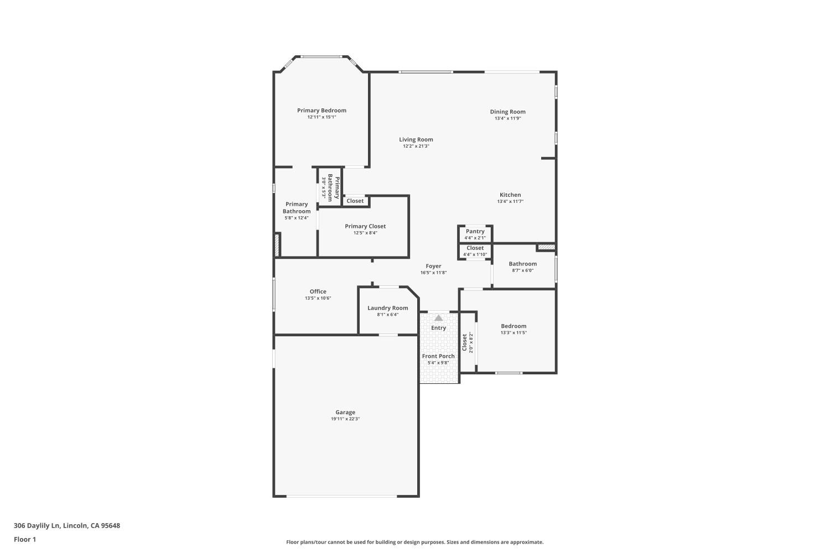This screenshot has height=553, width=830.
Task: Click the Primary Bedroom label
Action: tap(321, 111)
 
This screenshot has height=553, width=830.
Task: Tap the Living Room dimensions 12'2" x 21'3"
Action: tap(416, 147)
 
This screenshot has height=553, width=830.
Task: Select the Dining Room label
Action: tap(507, 112)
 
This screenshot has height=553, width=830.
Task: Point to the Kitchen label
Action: tap(510, 195)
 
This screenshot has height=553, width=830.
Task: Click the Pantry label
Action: tap(475, 231)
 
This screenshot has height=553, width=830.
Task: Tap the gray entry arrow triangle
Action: tap(439, 318)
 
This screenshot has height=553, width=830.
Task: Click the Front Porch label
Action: tap(438, 356)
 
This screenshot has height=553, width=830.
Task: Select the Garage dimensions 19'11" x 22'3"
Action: tap(345, 419)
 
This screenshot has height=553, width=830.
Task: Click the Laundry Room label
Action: tap(387, 308)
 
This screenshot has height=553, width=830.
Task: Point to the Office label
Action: tap(318, 291)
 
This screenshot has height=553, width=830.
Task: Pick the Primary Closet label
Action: tap(365, 226)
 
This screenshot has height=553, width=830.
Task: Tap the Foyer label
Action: tap(433, 266)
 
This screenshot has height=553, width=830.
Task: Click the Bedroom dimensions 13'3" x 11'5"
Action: tap(513, 333)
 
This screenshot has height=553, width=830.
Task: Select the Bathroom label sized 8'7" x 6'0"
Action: tap(523, 264)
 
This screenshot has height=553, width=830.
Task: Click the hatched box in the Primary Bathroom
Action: tap(277, 245)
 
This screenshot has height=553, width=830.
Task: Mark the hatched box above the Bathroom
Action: tap(546, 247)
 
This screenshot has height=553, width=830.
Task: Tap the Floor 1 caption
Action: tap(25, 539)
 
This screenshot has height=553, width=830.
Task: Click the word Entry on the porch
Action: tap(438, 328)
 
